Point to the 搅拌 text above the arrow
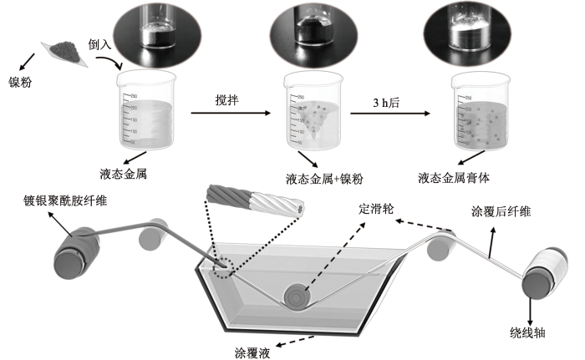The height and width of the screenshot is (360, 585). [x=226, y=99]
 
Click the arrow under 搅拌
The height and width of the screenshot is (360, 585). [x=234, y=112]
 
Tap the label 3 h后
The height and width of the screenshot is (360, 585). [x=386, y=103]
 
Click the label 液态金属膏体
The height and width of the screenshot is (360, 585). [x=458, y=177]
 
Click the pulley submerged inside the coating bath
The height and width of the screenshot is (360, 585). [x=297, y=295]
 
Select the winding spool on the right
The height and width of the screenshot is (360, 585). [x=542, y=281]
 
